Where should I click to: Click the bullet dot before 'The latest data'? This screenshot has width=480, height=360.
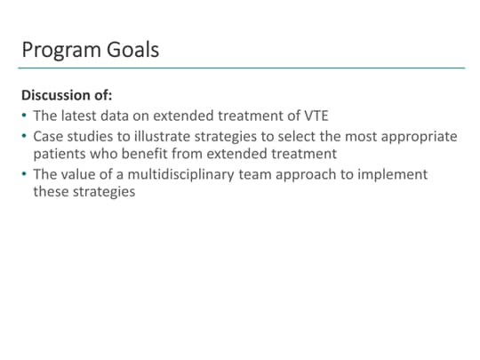pyautogui.click(x=24, y=116)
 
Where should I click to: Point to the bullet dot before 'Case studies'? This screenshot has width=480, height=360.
pyautogui.click(x=24, y=137)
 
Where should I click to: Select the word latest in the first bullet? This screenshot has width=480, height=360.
pyautogui.click(x=82, y=116)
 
